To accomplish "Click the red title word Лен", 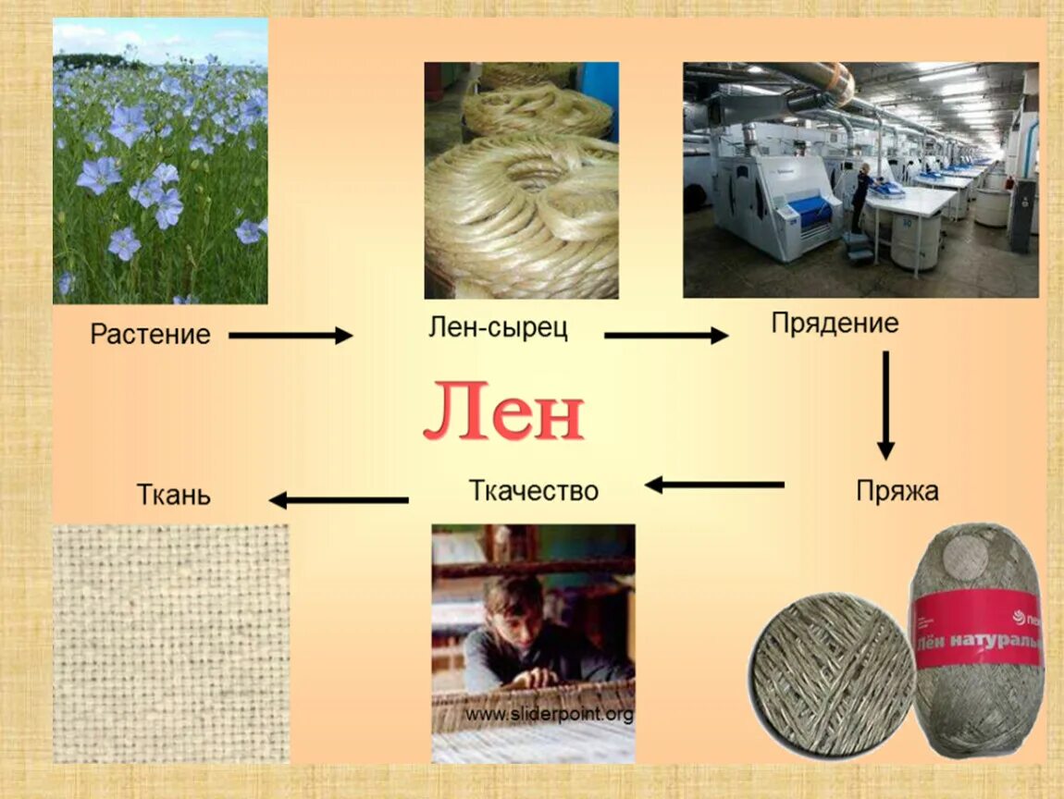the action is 503,411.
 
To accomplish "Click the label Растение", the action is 151,335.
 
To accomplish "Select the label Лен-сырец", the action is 498,327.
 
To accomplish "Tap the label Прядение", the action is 835,324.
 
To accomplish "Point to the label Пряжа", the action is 897,491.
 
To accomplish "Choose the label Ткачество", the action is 533,490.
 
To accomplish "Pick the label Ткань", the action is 174,495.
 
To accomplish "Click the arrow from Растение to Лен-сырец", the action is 291,335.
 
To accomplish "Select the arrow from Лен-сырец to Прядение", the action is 666,335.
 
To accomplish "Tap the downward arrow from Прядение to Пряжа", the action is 885,406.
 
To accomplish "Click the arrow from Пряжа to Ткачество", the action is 714,485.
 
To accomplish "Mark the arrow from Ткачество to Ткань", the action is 339,500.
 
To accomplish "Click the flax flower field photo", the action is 160,161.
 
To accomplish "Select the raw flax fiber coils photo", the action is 521,180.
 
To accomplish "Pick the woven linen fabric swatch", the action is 171,644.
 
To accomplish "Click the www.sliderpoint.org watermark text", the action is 550,714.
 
